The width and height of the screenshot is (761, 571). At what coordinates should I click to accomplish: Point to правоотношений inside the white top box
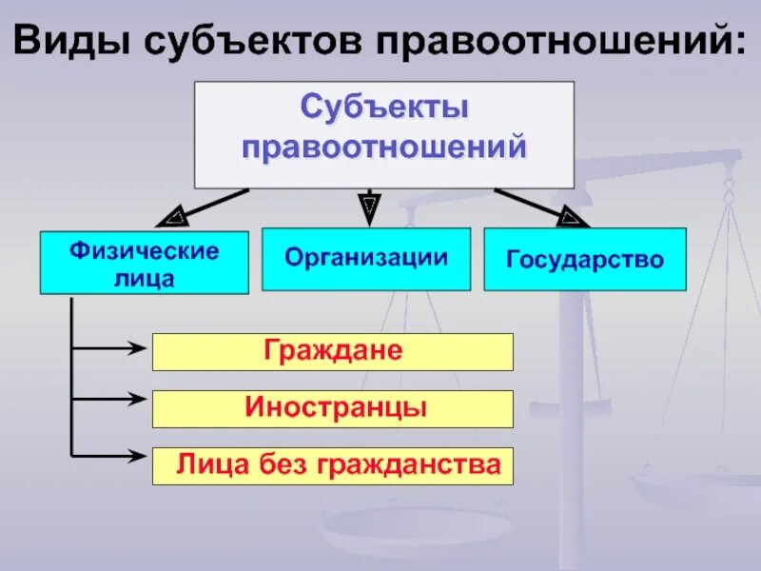point(384,148)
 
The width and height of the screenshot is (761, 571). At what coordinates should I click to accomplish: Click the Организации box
point(366,259)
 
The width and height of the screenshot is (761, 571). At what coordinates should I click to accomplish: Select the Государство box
point(584,259)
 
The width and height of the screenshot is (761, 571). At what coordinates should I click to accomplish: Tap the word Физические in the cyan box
point(144,252)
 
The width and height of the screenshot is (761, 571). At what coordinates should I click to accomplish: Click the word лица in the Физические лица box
point(144,279)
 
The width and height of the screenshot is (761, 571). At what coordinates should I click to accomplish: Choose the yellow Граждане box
point(333,351)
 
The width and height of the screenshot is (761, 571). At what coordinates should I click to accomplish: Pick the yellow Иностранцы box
point(333,408)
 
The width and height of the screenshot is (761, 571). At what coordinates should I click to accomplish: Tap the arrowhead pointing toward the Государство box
point(572,217)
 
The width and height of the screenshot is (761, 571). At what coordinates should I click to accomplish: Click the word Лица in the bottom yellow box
point(203,465)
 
